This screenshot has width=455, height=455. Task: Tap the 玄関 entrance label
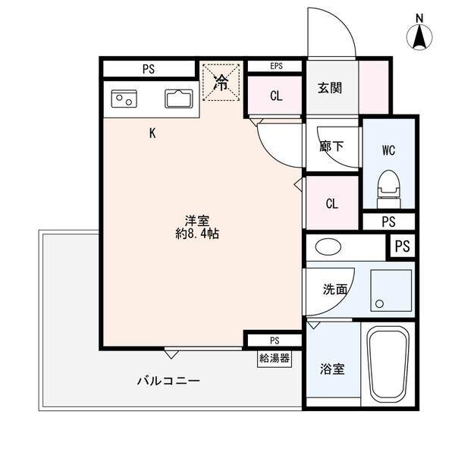pyautogui.click(x=330, y=87)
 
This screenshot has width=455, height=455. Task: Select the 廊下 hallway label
pyautogui.click(x=332, y=147)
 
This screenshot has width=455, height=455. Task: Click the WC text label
pyautogui.click(x=388, y=149)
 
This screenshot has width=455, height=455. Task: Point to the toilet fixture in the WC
pyautogui.click(x=388, y=187)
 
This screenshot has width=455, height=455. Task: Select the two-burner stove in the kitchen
pyautogui.click(x=124, y=99)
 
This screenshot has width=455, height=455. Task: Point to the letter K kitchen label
pyautogui.click(x=152, y=133)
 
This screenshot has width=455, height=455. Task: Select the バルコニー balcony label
pyautogui.click(x=168, y=380)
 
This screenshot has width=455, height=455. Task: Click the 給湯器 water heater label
pyautogui.click(x=274, y=358)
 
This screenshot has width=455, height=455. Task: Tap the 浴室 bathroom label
pyautogui.click(x=333, y=369)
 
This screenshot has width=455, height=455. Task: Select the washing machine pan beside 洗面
pyautogui.click(x=391, y=290)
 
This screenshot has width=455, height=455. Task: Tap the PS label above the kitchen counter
pyautogui.click(x=148, y=69)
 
